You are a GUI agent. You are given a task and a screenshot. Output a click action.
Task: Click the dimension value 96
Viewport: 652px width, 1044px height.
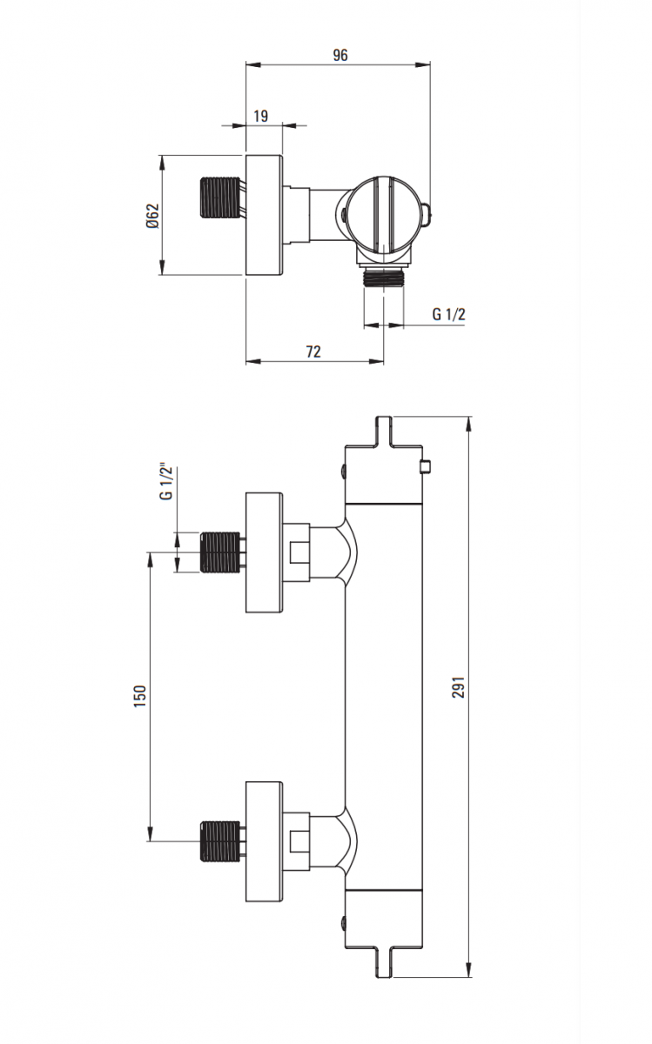339,55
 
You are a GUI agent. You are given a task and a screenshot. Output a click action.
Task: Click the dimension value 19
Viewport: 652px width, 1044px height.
260,115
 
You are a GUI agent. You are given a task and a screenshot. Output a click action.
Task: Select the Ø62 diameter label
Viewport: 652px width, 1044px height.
152,216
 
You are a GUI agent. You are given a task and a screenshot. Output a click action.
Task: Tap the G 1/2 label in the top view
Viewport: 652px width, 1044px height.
449,314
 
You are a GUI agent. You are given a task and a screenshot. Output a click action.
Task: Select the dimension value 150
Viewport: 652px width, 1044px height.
139,696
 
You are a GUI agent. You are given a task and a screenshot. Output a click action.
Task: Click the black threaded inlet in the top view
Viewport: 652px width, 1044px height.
220,197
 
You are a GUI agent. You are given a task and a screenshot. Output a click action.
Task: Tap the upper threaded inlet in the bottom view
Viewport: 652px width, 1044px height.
220,552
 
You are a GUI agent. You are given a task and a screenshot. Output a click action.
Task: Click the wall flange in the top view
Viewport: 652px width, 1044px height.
265,215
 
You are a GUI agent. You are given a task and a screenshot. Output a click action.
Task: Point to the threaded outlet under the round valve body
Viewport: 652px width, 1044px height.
382,278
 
